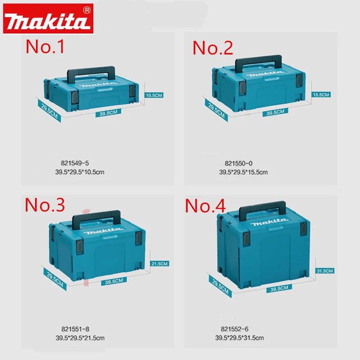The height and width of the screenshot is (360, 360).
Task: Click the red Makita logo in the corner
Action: coord(48,18)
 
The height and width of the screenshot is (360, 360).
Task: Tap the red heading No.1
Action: coord(45,47)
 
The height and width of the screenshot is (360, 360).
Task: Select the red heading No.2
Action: coord(212,48)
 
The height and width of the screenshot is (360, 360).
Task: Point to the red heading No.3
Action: coord(45,205)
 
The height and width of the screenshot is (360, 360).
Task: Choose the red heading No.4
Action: coord(205,206)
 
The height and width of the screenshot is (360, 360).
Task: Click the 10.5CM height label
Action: coord(154,95)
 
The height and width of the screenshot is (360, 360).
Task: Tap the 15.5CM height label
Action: coord(321,94)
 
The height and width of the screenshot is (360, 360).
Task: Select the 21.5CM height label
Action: coord(160,264)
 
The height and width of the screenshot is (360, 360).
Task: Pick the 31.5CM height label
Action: coord(324,271)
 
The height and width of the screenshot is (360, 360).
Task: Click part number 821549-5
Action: coord(75,163)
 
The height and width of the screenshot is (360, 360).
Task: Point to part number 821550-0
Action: coord(238,163)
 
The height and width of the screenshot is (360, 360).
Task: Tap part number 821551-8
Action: coord(75,329)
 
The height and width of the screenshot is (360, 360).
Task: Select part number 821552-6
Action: coord(234,329)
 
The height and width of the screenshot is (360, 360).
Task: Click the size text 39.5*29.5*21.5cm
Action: coord(80,338)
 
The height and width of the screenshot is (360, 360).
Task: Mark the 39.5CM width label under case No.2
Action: coord(275,112)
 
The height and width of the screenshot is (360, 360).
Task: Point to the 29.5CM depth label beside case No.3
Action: coord(55,279)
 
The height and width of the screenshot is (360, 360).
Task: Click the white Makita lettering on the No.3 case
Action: coord(103,231)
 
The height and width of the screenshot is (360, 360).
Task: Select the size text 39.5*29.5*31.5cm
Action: coord(239,338)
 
